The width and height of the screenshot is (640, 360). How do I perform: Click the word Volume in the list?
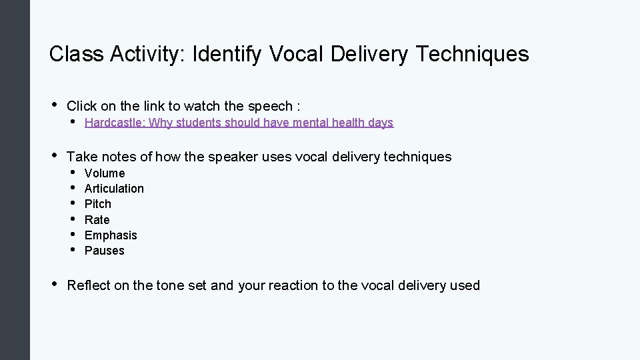point(105,173)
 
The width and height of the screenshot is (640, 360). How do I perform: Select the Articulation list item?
point(114,189)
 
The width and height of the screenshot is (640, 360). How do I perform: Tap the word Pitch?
point(98,204)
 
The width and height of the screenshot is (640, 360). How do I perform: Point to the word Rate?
point(97,219)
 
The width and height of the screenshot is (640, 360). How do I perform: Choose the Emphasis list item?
point(111,235)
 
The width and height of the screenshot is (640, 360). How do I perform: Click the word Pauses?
point(105,251)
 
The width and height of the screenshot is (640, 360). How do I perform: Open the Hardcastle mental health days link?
point(239,123)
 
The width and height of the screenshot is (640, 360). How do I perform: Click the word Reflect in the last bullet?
point(89,285)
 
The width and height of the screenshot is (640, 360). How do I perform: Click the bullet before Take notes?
point(53,156)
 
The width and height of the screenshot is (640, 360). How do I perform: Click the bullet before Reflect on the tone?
point(53,285)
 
